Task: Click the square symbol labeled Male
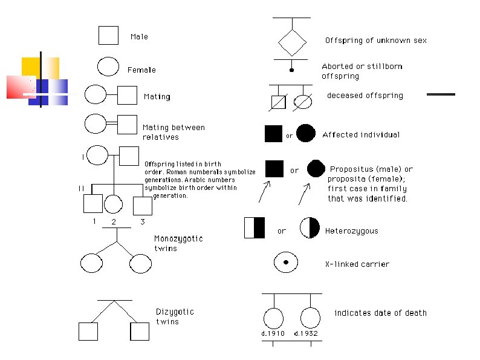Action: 108,35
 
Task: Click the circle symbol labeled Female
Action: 108,67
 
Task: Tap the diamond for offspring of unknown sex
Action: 292,42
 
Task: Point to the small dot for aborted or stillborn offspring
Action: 291,70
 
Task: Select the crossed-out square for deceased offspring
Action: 279,102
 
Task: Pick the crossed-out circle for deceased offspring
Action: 303,102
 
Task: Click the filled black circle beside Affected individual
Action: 305,134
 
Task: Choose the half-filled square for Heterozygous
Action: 254,227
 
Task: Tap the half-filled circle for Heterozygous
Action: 309,227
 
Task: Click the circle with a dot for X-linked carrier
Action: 285,262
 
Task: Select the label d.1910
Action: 273,333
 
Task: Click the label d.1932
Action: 306,333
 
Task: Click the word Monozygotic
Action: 178,238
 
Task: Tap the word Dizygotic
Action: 175,312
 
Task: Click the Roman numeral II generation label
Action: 80,188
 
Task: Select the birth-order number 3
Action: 142,221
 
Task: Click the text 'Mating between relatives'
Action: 174,133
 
